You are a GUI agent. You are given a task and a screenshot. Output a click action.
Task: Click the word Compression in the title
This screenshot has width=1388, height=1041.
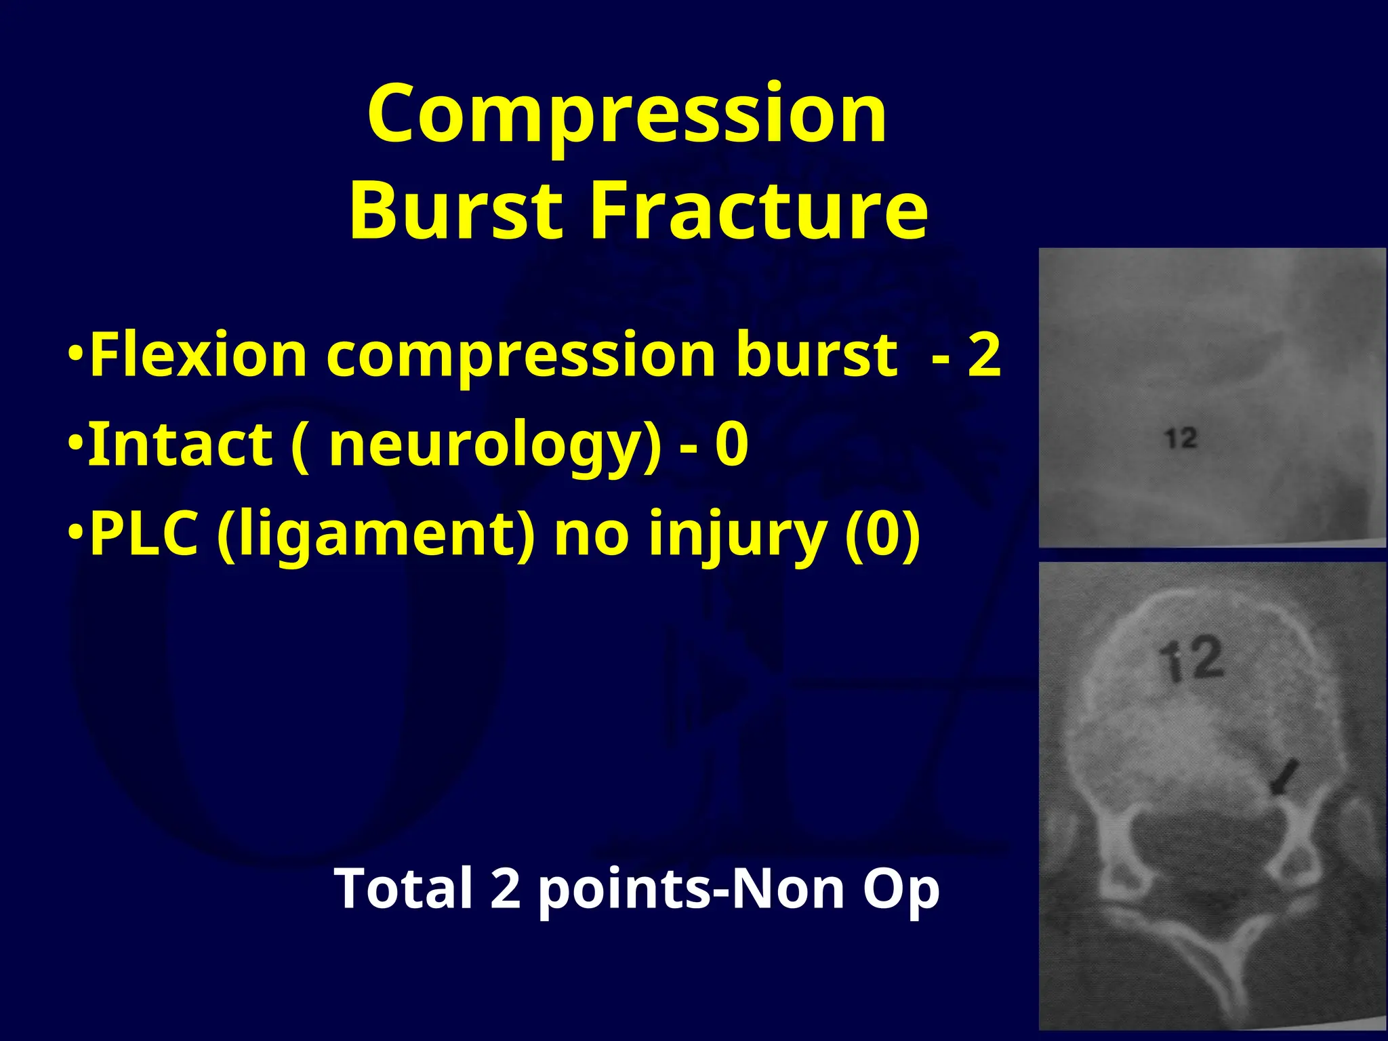pos(627,115)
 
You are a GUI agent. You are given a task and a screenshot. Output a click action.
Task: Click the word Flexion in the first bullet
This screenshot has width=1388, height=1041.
pos(198,355)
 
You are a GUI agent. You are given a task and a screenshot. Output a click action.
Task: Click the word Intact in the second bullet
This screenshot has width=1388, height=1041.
pos(180,445)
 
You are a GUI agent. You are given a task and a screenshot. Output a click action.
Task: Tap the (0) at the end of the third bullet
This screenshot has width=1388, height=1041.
pos(883,535)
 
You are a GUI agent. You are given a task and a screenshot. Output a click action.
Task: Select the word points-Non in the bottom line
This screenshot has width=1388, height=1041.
pos(691,889)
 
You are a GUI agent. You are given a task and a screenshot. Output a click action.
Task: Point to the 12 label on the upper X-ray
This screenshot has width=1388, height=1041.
pos(1181,438)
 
